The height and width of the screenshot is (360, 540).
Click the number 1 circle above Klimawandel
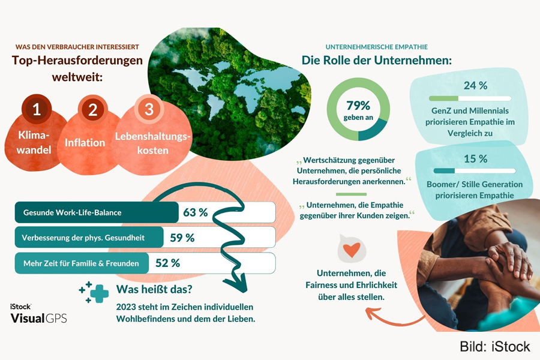(37, 109)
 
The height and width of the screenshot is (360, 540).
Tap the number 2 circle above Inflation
(92, 110)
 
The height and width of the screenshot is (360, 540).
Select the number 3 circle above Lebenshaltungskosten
(149, 109)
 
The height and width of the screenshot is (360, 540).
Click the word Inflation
(85, 143)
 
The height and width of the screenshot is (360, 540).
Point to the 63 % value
(195, 212)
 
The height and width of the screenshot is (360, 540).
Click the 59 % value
(182, 238)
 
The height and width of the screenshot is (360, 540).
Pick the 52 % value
(168, 263)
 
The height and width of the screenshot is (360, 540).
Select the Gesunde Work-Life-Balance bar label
(73, 212)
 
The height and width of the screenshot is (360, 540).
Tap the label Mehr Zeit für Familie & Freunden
(81, 263)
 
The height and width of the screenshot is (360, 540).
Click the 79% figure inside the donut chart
(358, 105)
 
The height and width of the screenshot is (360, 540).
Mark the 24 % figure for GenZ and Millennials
(475, 85)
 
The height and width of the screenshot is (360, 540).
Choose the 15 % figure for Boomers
(475, 159)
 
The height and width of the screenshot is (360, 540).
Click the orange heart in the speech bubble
(352, 250)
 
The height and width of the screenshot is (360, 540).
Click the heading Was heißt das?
(154, 289)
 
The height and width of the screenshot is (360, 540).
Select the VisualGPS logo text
(38, 318)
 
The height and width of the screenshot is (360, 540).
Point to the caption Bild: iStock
(495, 346)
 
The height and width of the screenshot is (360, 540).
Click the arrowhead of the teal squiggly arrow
(237, 283)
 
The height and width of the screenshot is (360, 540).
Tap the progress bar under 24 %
(470, 98)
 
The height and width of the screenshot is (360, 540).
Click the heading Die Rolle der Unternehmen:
(377, 60)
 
